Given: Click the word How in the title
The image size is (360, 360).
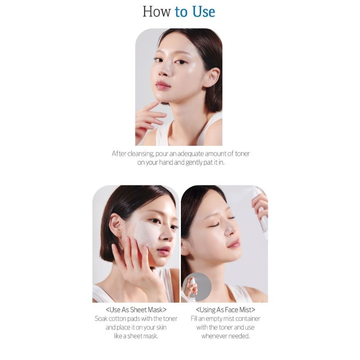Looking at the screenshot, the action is tap(157, 12).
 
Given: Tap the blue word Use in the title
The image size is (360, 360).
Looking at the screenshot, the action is tap(204, 12).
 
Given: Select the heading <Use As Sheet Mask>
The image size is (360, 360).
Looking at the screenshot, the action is tap(136, 310).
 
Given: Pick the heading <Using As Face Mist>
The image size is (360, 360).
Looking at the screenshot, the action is tap(225, 310).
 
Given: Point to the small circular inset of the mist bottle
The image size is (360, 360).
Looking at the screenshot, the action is tap(197, 287).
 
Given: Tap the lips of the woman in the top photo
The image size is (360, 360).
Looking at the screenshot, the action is tap(163, 85).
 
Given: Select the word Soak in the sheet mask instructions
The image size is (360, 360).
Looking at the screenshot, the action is tap(101, 319).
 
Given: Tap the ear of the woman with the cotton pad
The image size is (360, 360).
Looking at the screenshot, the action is tap(117, 226).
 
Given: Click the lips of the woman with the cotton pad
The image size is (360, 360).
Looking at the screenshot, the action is tap(164, 250).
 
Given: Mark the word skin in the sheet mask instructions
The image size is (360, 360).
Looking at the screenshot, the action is tap(161, 327).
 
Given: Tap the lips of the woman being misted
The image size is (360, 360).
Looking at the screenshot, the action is tap(234, 243).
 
